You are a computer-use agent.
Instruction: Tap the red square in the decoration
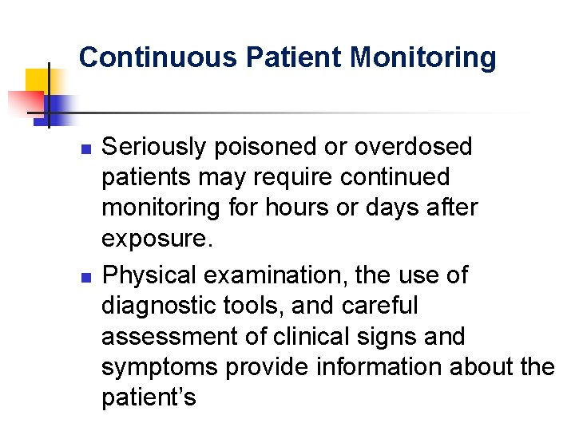[24, 103]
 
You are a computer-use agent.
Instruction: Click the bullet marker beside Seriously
[90, 148]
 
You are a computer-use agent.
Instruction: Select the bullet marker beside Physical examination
[90, 276]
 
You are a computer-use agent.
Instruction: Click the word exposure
[156, 239]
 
